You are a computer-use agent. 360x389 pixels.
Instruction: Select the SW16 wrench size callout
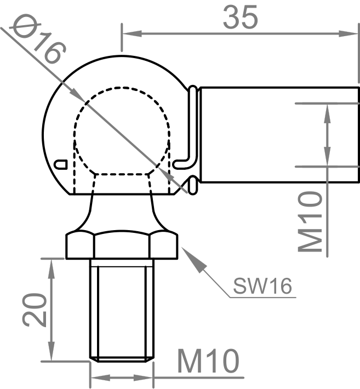point(261,285)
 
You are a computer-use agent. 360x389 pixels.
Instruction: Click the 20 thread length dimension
point(33,310)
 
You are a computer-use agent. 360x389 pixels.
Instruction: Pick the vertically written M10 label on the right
point(311,221)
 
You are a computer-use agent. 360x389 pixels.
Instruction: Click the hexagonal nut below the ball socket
point(122,245)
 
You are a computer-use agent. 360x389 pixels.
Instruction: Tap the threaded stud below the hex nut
point(122,310)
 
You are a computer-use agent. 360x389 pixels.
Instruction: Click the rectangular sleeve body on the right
point(277,134)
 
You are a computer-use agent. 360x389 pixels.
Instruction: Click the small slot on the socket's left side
point(62,163)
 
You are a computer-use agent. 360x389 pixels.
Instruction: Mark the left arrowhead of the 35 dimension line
point(128,33)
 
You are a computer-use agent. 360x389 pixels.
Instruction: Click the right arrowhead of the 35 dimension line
point(351,33)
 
